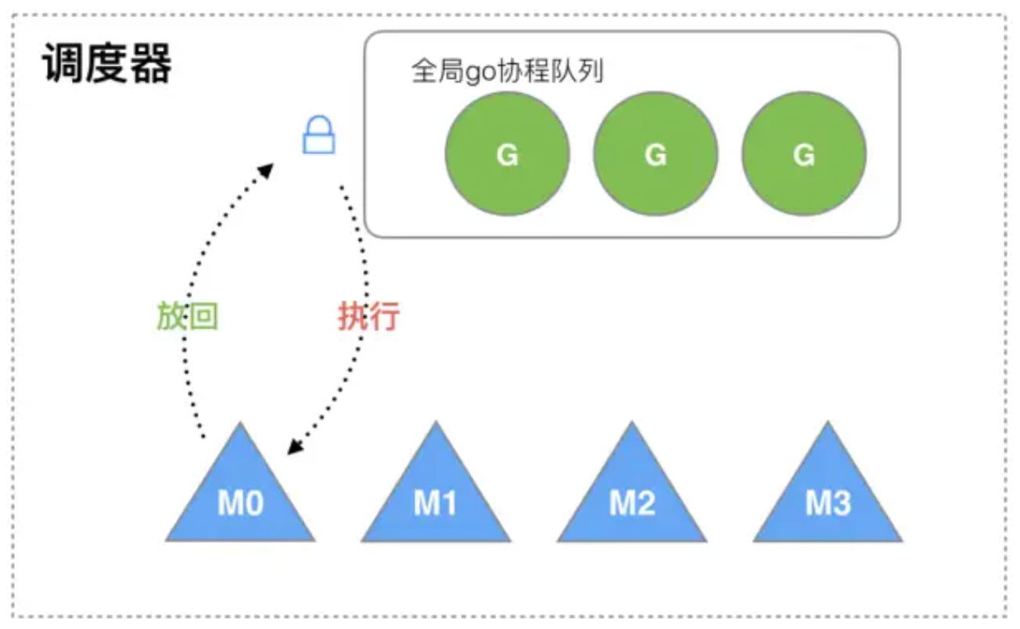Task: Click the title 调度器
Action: tap(106, 64)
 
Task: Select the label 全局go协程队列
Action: tap(507, 72)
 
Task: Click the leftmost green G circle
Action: tap(507, 154)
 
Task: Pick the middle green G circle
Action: tap(655, 154)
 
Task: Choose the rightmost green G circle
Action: tap(804, 154)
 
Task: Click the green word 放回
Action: tap(187, 317)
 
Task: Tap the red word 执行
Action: tap(368, 317)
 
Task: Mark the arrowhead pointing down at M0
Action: tap(295, 446)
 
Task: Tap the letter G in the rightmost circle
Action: tap(804, 155)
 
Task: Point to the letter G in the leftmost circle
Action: tap(507, 155)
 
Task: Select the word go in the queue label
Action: tap(476, 74)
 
